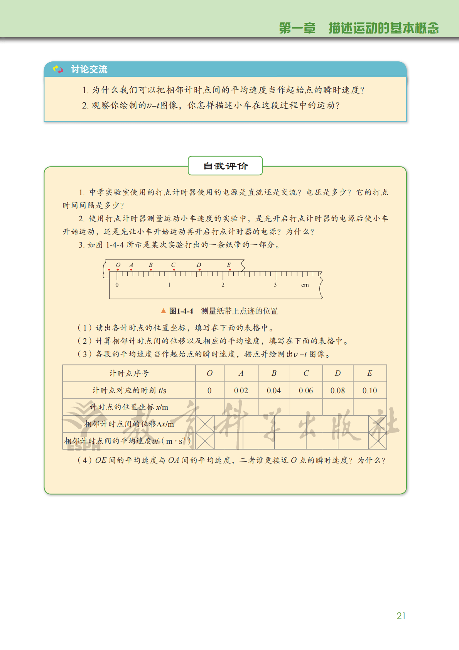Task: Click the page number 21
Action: pyautogui.click(x=401, y=616)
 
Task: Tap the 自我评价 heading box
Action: pyautogui.click(x=225, y=166)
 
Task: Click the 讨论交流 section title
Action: pyautogui.click(x=89, y=70)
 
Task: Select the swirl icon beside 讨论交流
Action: pyautogui.click(x=58, y=70)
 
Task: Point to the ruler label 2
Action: pyautogui.click(x=223, y=285)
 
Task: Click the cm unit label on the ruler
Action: pyautogui.click(x=305, y=285)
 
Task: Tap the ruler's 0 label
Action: pyautogui.click(x=117, y=285)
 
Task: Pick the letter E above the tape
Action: pyautogui.click(x=229, y=265)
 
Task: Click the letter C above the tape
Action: pyautogui.click(x=173, y=265)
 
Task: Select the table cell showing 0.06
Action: pyautogui.click(x=306, y=390)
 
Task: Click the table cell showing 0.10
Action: pyautogui.click(x=370, y=390)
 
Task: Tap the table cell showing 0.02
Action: pyautogui.click(x=241, y=390)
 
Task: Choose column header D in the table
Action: pyautogui.click(x=337, y=373)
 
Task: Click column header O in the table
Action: pyautogui.click(x=209, y=373)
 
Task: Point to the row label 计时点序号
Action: pyautogui.click(x=129, y=373)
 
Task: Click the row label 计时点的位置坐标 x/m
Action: pyautogui.click(x=129, y=407)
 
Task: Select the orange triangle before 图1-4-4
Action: pyautogui.click(x=164, y=311)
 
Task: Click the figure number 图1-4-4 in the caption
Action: pyautogui.click(x=181, y=311)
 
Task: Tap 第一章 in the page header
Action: pyautogui.click(x=297, y=28)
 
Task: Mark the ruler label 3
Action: pyautogui.click(x=275, y=285)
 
